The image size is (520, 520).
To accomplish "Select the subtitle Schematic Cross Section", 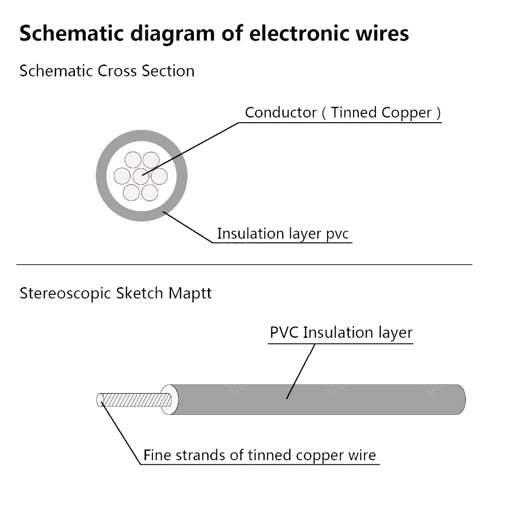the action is click(x=107, y=71).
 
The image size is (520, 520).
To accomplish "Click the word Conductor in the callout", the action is click(x=281, y=112).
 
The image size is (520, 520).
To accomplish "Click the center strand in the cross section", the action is click(x=141, y=176).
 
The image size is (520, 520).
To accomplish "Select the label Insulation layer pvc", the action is click(x=283, y=233).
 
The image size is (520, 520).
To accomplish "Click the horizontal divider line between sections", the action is click(x=244, y=264).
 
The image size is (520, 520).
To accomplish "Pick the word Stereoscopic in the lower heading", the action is click(x=66, y=293).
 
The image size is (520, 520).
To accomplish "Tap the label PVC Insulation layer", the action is click(x=341, y=333).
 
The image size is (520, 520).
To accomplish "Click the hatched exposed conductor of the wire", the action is click(x=138, y=400).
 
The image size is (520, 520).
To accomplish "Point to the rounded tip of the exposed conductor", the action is click(x=100, y=399).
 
